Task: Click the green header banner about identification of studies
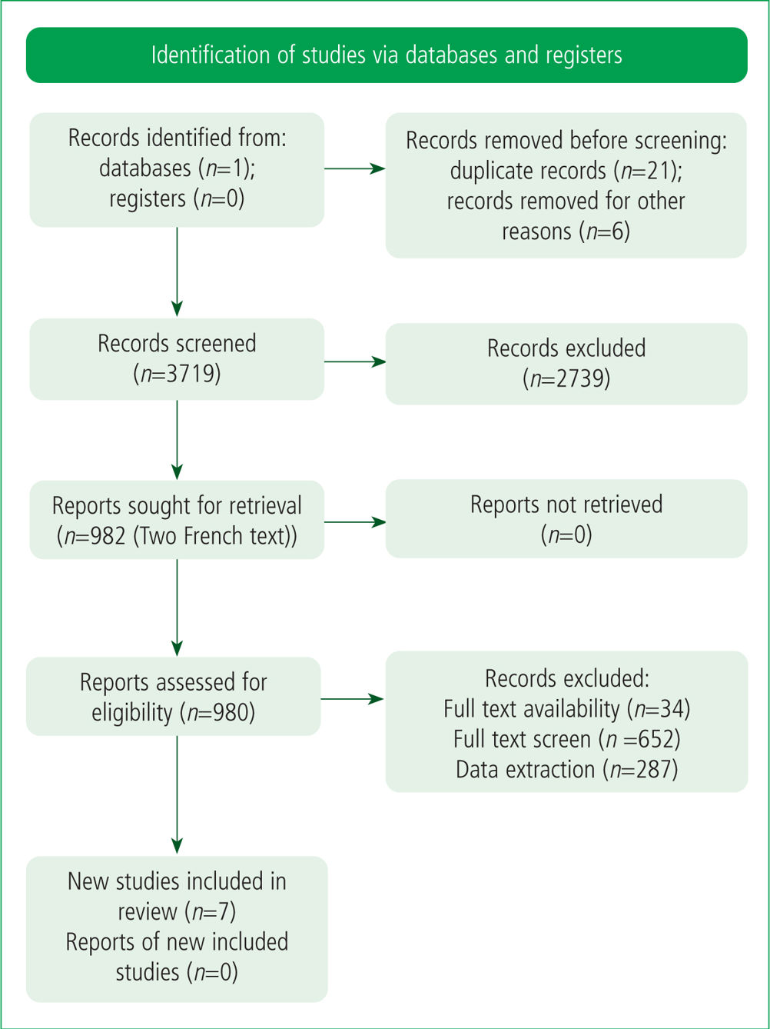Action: (x=387, y=55)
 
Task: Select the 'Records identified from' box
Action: (x=177, y=170)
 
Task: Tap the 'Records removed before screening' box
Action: (x=566, y=185)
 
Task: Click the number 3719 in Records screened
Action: (x=192, y=374)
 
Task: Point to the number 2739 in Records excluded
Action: (x=582, y=379)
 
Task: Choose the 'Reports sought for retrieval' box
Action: (x=177, y=519)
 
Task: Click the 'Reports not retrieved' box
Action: (x=566, y=518)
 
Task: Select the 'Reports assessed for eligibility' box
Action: (x=174, y=696)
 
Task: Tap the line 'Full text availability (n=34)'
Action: (x=566, y=709)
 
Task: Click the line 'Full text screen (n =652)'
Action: (x=566, y=739)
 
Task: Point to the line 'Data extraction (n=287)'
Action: (x=566, y=770)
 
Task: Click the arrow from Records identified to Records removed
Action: (x=354, y=168)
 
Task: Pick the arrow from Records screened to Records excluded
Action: (x=354, y=361)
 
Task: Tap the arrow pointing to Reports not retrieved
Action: (x=354, y=521)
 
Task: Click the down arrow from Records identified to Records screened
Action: (x=177, y=272)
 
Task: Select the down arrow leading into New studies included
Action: (x=177, y=794)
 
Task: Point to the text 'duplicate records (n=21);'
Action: (x=566, y=171)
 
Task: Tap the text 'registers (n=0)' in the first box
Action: (x=177, y=198)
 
